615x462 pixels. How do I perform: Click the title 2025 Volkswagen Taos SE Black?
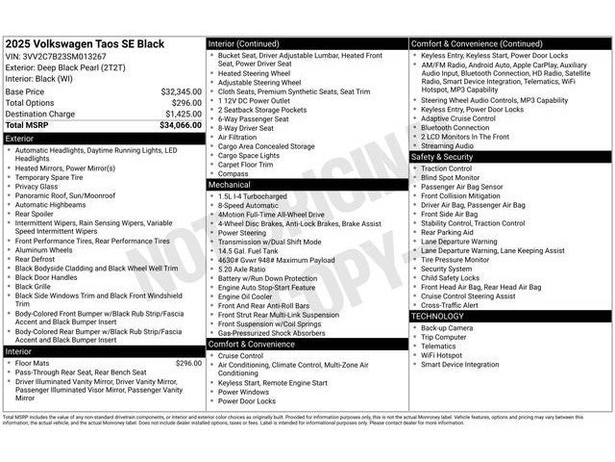point(85,44)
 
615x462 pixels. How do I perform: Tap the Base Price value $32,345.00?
point(181,91)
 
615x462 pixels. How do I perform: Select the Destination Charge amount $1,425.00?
point(183,114)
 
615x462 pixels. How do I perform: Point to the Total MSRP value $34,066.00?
point(181,125)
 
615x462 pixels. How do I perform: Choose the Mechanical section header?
point(230,184)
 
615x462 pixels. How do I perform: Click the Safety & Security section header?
point(442,156)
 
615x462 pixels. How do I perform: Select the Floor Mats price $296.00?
point(188,363)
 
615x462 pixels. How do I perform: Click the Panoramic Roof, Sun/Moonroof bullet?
point(65,195)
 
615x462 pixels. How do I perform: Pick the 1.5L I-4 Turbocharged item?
point(255,195)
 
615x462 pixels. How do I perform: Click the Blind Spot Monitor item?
point(450,177)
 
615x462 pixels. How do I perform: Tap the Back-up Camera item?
point(447,328)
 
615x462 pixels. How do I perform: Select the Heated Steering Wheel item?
point(255,73)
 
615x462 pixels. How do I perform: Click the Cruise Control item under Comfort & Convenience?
point(240,355)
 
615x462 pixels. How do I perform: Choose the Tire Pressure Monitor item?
point(455,259)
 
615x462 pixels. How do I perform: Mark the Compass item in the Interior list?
point(234,173)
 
